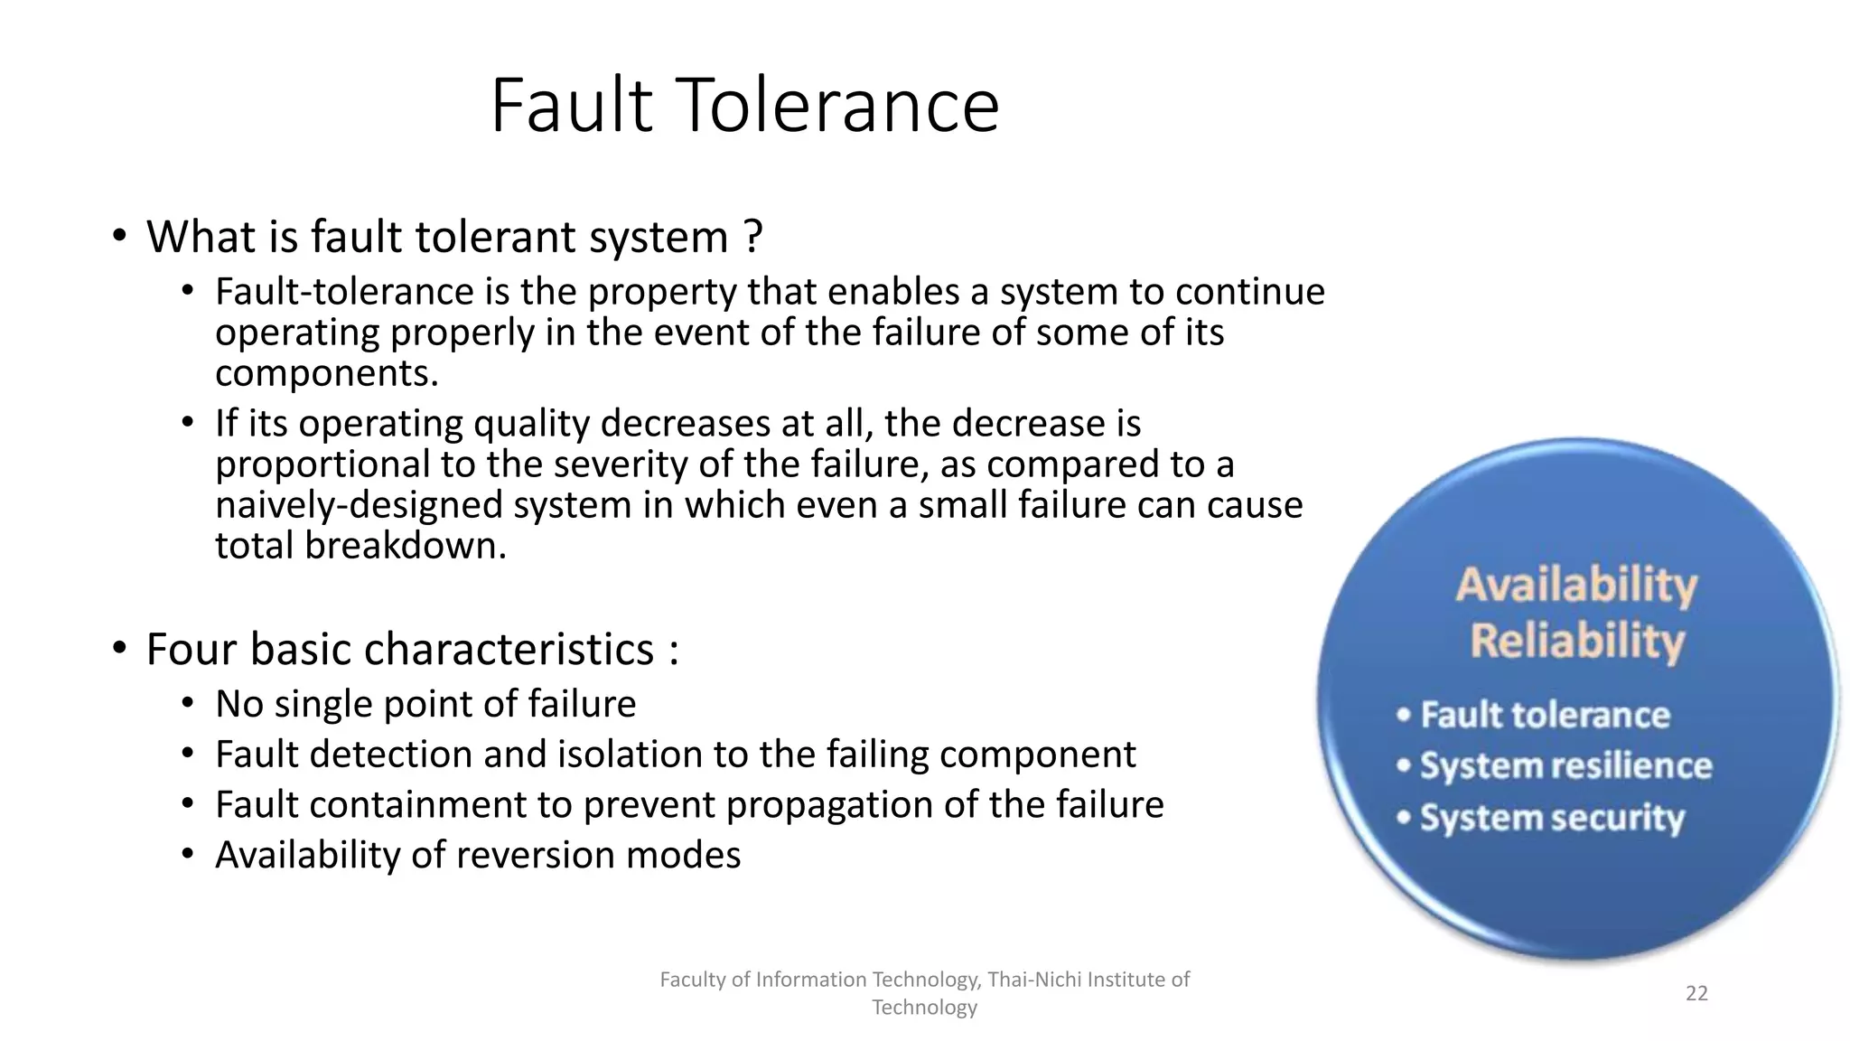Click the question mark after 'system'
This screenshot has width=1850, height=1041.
(753, 238)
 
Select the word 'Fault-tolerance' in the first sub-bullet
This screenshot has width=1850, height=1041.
(344, 292)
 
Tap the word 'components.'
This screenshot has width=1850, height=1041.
(327, 373)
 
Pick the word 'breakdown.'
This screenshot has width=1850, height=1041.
(406, 546)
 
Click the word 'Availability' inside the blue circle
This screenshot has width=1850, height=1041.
(1576, 585)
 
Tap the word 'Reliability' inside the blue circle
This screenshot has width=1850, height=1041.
(1577, 642)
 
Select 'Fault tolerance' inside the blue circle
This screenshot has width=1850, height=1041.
(1545, 715)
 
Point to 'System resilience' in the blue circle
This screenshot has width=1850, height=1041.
(1565, 766)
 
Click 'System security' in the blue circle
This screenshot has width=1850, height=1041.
(1552, 818)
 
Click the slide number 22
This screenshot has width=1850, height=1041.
(1696, 994)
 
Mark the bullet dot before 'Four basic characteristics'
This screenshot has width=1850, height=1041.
(119, 649)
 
